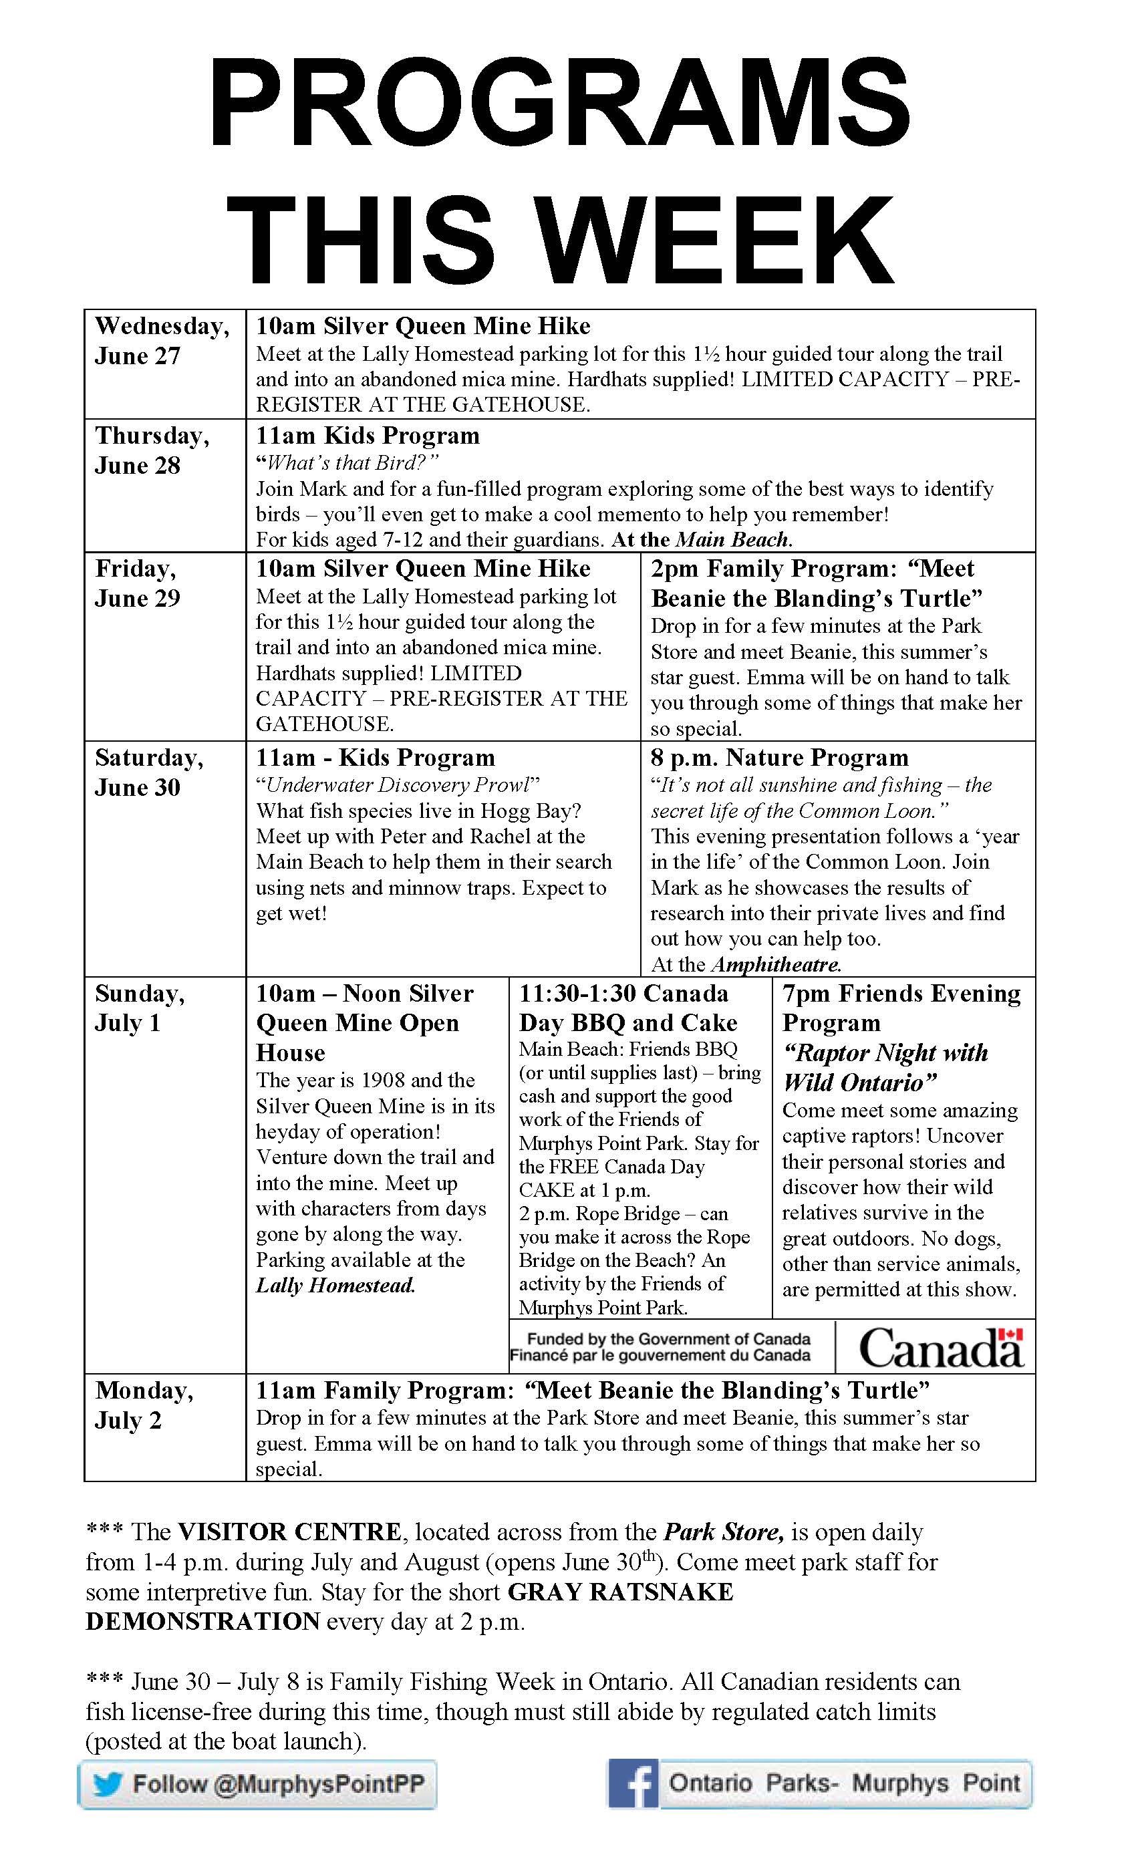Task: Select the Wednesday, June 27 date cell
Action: (162, 341)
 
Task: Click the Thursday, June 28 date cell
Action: (152, 450)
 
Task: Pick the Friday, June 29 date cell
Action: (138, 583)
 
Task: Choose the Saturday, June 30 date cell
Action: (149, 772)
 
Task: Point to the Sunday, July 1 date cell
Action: (139, 1008)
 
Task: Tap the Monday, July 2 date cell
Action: (144, 1405)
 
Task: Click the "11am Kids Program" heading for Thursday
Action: (368, 436)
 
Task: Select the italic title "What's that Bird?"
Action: (347, 462)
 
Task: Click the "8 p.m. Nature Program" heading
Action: (779, 757)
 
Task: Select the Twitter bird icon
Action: (107, 1783)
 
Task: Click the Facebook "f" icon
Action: (633, 1784)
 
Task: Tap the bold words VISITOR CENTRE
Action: (289, 1532)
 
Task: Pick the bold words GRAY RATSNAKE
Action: (620, 1592)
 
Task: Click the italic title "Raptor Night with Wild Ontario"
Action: (885, 1067)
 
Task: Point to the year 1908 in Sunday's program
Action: (390, 1080)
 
